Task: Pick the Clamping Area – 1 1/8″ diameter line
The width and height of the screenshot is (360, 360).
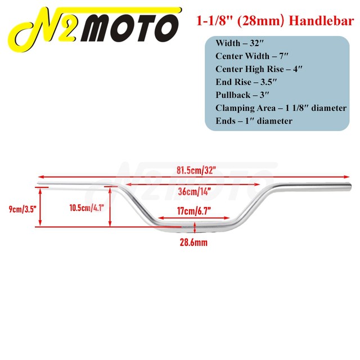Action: (281, 107)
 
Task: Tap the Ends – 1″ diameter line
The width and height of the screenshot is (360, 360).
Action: (254, 120)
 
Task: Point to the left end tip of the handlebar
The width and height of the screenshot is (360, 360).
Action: (38, 184)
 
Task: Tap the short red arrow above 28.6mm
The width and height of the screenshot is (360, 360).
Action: (194, 228)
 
